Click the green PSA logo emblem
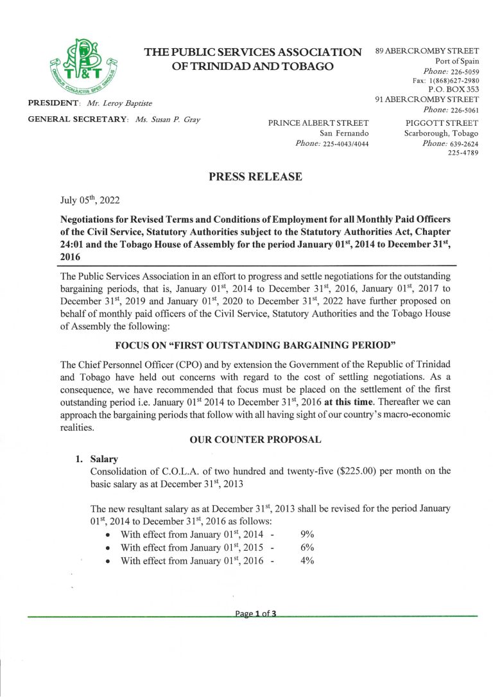point(81,67)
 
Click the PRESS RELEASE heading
point(255,177)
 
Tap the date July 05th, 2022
point(90,201)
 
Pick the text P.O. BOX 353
point(453,90)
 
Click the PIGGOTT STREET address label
point(442,123)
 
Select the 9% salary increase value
point(307,534)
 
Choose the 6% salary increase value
point(307,547)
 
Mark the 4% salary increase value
point(307,561)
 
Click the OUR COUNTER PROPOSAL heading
point(255,440)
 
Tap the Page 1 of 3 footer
point(255,614)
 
